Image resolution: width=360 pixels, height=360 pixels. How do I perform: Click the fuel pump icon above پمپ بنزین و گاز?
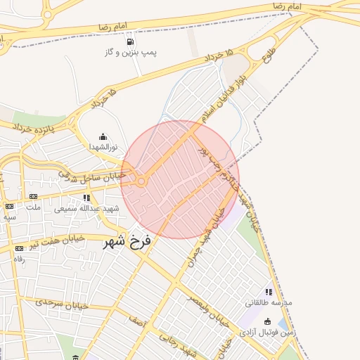[x=130, y=42]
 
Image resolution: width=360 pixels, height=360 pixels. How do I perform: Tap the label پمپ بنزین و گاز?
[x=131, y=53]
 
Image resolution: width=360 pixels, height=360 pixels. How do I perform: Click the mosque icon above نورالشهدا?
[x=103, y=137]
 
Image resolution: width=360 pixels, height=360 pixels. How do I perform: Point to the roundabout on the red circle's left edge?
[x=141, y=181]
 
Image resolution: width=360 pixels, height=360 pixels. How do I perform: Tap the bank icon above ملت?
[x=33, y=196]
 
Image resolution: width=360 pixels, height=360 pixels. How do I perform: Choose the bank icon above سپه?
[x=9, y=206]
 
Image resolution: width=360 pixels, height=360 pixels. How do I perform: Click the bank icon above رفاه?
[x=19, y=248]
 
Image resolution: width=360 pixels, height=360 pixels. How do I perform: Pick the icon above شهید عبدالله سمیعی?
[x=86, y=198]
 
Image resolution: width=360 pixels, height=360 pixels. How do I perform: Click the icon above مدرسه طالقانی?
[x=268, y=292]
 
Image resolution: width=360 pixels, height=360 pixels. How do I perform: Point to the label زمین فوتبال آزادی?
[x=266, y=332]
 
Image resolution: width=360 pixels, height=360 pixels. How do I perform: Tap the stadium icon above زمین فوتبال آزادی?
[x=267, y=321]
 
